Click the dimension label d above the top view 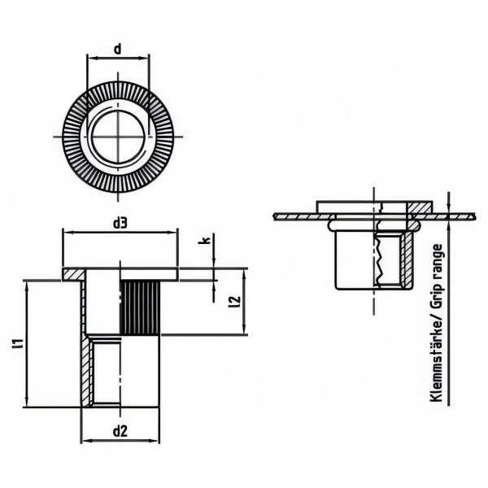pyautogui.click(x=117, y=49)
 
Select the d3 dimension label pyautogui.click(x=120, y=223)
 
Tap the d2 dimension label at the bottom pyautogui.click(x=120, y=432)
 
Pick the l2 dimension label pyautogui.click(x=234, y=302)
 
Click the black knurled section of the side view pyautogui.click(x=140, y=307)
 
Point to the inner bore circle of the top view pyautogui.click(x=118, y=137)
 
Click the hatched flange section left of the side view pyautogui.click(x=73, y=275)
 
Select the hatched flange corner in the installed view pyautogui.click(x=420, y=207)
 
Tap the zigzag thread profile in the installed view pyautogui.click(x=379, y=260)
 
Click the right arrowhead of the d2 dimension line pyautogui.click(x=155, y=440)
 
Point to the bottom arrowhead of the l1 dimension pyautogui.click(x=28, y=402)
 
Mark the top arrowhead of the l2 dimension pyautogui.click(x=244, y=274)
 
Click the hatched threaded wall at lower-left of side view pyautogui.click(x=87, y=372)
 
